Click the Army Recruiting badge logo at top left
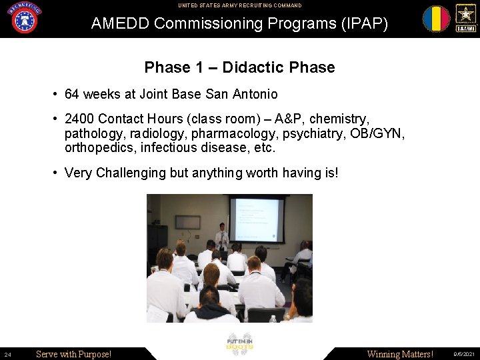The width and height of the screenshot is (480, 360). (x=24, y=18)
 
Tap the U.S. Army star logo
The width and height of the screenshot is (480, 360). (x=465, y=18)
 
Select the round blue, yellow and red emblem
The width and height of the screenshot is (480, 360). (x=436, y=19)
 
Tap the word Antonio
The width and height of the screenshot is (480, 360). (x=255, y=94)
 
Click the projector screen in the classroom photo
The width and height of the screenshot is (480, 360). (x=257, y=219)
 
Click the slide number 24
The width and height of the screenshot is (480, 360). (x=7, y=354)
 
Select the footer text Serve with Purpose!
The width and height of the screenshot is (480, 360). (x=73, y=354)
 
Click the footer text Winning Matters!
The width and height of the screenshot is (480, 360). (x=400, y=354)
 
